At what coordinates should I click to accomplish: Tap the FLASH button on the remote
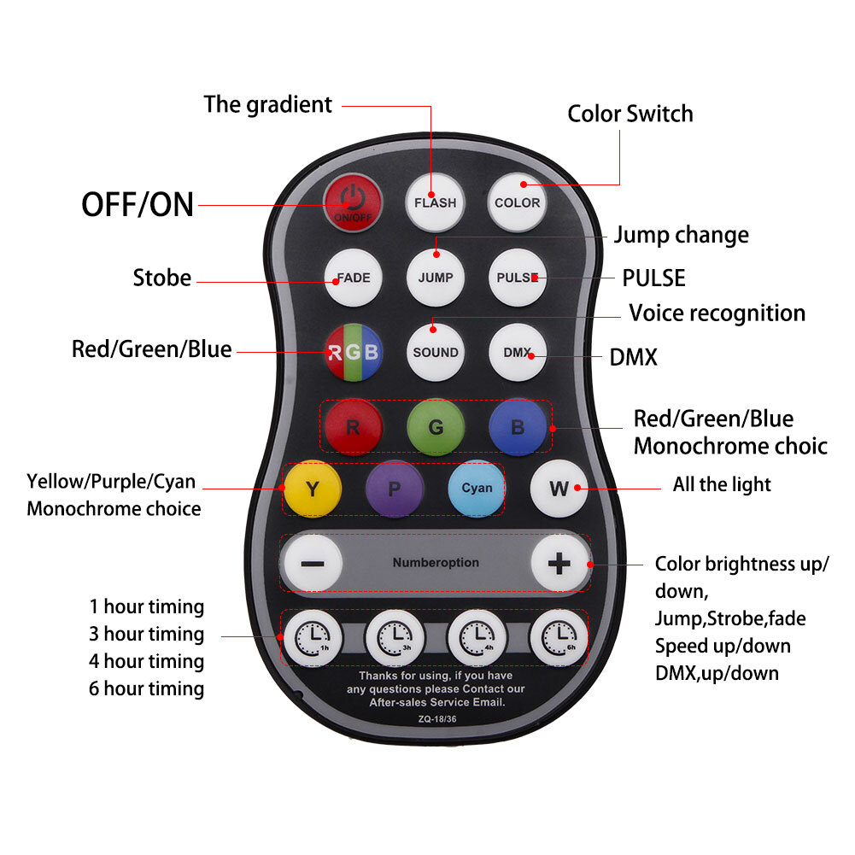pyautogui.click(x=435, y=202)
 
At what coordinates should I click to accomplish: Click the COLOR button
pyautogui.click(x=517, y=202)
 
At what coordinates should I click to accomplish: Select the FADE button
pyautogui.click(x=353, y=278)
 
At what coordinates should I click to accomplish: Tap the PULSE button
pyautogui.click(x=518, y=278)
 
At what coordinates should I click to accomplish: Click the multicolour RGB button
pyautogui.click(x=354, y=352)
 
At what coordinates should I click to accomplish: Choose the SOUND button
pyautogui.click(x=435, y=352)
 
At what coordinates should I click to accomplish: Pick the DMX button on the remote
pyautogui.click(x=518, y=352)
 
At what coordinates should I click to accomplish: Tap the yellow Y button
pyautogui.click(x=313, y=489)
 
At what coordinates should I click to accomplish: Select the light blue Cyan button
pyautogui.click(x=477, y=489)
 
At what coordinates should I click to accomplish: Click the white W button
pyautogui.click(x=559, y=489)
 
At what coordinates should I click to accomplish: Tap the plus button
pyautogui.click(x=559, y=563)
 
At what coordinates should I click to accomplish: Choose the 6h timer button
pyautogui.click(x=559, y=637)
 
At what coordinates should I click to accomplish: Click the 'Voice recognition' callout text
pyautogui.click(x=717, y=313)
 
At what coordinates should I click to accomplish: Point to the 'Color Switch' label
pyautogui.click(x=630, y=114)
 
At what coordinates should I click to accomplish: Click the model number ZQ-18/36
pyautogui.click(x=437, y=719)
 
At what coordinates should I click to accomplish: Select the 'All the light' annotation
pyautogui.click(x=722, y=484)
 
